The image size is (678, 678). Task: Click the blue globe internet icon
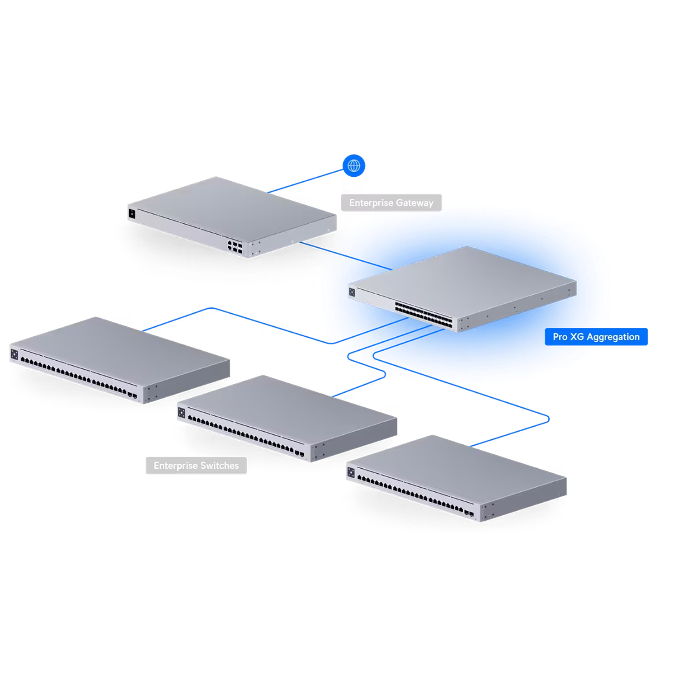tap(354, 166)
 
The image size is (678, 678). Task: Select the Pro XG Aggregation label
tap(596, 337)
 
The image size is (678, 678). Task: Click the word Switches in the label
tap(220, 466)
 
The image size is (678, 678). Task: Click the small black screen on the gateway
tap(132, 213)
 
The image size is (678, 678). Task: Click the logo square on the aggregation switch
tap(352, 292)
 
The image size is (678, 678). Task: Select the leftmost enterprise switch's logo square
tap(14, 354)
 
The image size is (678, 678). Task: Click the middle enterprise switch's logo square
tap(182, 413)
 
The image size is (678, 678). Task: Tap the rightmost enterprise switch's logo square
tap(351, 473)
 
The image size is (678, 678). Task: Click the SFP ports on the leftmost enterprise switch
tap(132, 396)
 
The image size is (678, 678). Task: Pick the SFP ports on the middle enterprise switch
tap(299, 452)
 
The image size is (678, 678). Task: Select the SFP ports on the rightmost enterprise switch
tap(469, 513)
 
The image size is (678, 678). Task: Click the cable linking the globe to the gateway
tap(307, 181)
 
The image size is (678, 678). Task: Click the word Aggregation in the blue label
tap(613, 337)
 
